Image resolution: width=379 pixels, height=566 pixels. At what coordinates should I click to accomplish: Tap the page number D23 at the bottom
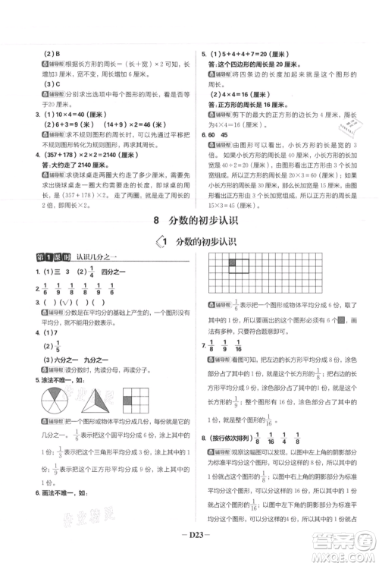coord(189,542)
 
